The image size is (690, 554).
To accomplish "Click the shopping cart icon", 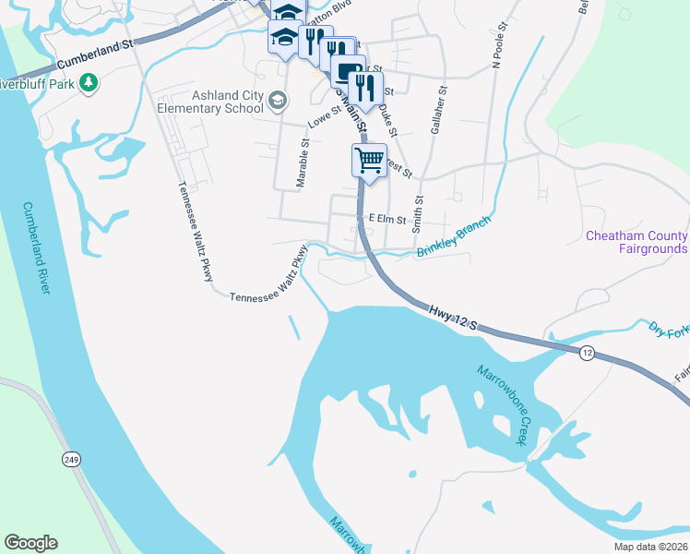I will point(369,161).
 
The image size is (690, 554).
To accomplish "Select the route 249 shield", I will point(72,458).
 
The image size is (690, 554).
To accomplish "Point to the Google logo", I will point(30,543).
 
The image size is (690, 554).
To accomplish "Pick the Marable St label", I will point(301,163).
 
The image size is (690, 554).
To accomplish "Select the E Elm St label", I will point(387,218).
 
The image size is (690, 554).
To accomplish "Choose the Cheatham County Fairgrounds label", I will point(637,242).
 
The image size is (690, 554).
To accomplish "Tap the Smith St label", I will point(418,211).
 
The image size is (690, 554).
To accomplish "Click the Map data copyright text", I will point(650,547).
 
